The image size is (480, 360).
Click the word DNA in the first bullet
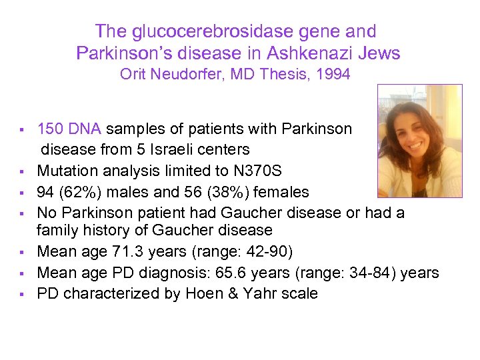85,129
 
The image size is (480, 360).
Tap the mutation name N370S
241,170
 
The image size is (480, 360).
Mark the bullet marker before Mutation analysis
22,171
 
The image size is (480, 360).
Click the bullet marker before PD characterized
22,294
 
